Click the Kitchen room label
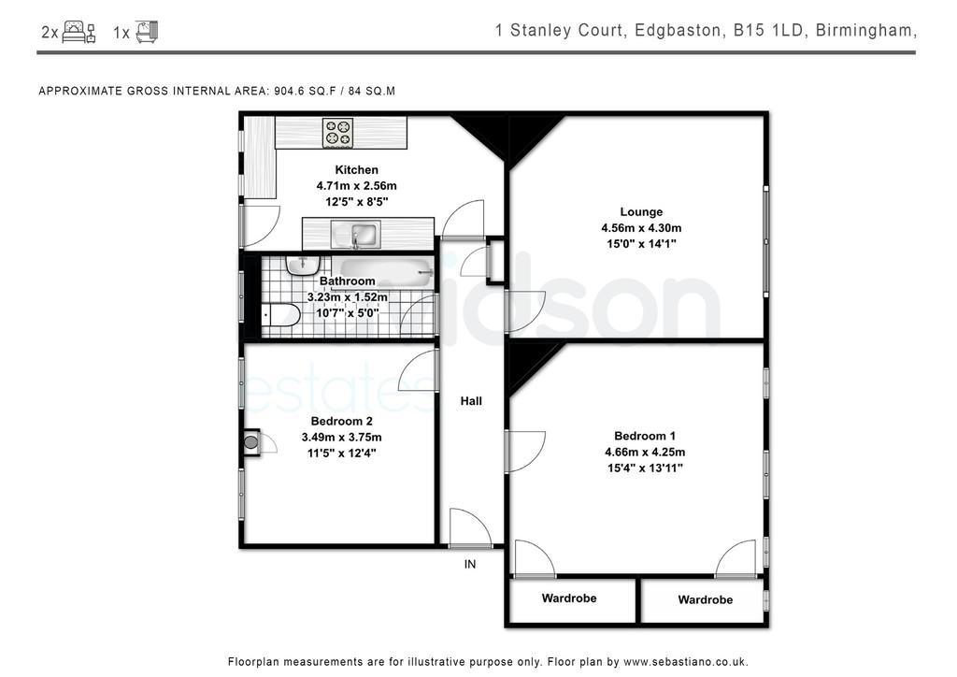tap(356, 169)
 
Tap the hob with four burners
tap(338, 133)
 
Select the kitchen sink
tap(356, 235)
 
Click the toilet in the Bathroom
tap(281, 316)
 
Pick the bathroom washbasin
tap(303, 266)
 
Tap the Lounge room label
tap(641, 212)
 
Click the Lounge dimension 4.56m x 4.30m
tap(641, 228)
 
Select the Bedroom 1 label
tap(645, 436)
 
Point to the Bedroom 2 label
tap(341, 421)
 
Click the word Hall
tap(471, 401)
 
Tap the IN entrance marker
tap(470, 564)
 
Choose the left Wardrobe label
tap(569, 598)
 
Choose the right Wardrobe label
tap(705, 599)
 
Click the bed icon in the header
tap(79, 32)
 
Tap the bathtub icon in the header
tap(147, 32)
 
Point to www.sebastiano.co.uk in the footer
tap(685, 662)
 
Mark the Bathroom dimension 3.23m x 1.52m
tap(348, 297)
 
